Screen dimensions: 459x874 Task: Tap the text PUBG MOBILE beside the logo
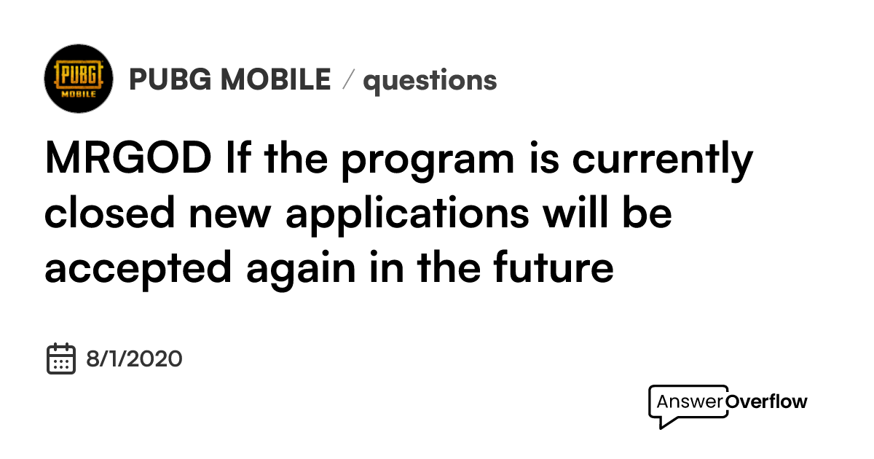229,79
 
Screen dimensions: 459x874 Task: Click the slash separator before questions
347,80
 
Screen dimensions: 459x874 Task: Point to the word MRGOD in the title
127,159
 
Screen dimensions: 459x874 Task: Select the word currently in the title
661,160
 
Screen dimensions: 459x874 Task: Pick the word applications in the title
407,216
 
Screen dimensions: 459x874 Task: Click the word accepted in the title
138,270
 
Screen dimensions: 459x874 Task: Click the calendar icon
61,358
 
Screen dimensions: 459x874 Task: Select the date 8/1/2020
134,358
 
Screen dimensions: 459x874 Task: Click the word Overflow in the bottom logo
767,401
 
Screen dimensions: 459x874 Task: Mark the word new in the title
246,214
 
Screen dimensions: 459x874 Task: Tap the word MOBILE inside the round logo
79,95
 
